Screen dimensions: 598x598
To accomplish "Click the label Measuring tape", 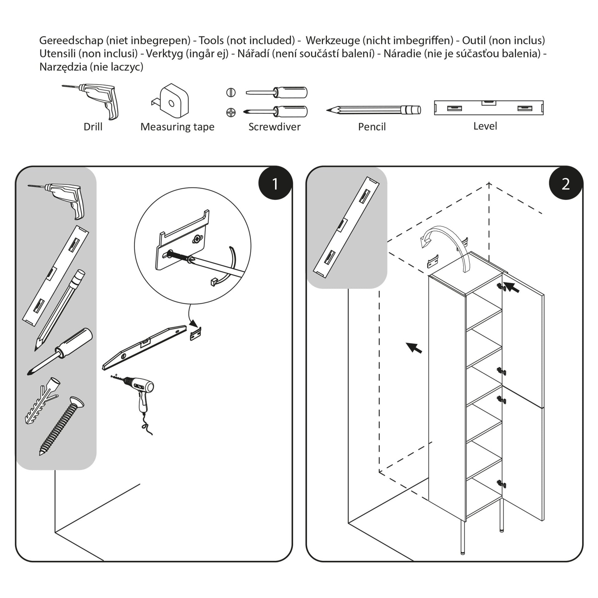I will coord(177,127).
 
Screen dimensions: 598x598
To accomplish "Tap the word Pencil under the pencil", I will coord(372,127).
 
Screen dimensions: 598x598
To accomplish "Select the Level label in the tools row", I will coord(485,126).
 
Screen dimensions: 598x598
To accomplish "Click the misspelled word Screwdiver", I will coord(274,127).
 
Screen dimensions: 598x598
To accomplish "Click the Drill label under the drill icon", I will coord(93,127).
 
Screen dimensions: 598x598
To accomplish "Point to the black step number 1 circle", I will coord(275,184).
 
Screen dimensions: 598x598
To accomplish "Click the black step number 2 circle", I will coord(565,184).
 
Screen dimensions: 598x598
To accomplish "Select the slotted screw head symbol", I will coord(231,92).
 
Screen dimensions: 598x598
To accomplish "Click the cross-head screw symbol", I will coord(231,112).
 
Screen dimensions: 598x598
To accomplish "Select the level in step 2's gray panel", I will coord(346,227).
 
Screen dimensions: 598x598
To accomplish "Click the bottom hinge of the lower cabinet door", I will coord(501,484).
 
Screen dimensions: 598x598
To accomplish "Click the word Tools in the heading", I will coord(211,40).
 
